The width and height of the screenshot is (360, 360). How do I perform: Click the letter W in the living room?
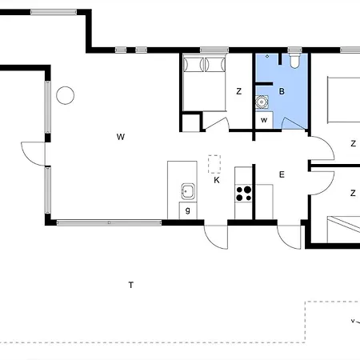click(121, 137)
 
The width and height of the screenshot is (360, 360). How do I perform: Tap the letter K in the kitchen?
click(217, 180)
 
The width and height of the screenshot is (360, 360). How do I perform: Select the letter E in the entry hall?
click(282, 174)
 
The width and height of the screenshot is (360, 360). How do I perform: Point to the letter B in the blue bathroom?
click(282, 91)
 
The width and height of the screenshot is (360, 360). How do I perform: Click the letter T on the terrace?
click(131, 285)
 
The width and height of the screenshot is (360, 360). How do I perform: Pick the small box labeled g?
click(188, 210)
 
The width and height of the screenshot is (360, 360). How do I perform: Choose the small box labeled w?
click(264, 120)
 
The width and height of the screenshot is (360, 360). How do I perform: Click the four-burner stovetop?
click(244, 194)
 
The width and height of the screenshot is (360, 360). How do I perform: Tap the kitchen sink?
click(188, 191)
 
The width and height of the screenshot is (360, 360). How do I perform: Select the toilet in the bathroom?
click(294, 61)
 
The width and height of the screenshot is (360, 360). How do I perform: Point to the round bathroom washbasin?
click(262, 102)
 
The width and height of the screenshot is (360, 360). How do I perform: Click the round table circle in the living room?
click(66, 95)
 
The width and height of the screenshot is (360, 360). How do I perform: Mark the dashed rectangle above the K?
click(214, 164)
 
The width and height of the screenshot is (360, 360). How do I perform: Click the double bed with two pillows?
click(204, 82)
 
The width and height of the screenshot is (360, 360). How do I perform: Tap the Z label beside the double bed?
click(239, 91)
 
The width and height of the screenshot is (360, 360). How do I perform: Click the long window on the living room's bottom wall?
click(109, 222)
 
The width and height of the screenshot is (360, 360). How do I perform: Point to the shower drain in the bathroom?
click(267, 56)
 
